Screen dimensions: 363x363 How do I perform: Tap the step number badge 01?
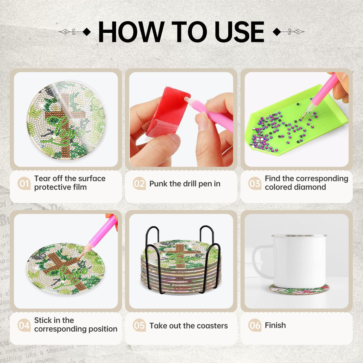pos(24,183)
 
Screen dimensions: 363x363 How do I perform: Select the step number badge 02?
pos(139,183)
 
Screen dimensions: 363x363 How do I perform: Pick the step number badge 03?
pos(255,183)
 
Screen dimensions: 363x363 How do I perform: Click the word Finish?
pos(275,325)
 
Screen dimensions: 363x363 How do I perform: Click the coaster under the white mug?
pos(299,289)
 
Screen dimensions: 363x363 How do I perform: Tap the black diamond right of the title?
pos(277,32)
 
